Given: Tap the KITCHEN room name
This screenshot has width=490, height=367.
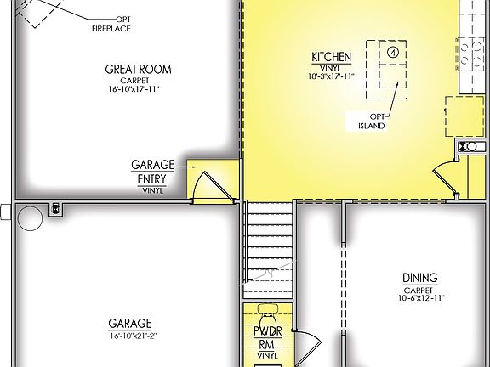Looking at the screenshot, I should tap(331, 57).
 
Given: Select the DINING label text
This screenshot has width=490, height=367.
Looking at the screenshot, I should tap(419, 278).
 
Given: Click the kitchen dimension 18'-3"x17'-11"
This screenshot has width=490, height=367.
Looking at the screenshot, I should tap(331, 76).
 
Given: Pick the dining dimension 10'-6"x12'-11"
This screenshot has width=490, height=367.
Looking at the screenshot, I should tap(419, 297).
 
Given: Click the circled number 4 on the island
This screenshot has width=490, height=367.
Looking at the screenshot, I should tap(393, 51).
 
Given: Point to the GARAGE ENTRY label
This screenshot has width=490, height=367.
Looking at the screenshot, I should tap(152, 171).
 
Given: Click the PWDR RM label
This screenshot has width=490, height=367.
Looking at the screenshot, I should tap(268, 339).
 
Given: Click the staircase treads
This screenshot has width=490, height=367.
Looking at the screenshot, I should tap(269, 242).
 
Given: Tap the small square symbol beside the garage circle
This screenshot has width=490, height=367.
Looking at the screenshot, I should tap(57, 207).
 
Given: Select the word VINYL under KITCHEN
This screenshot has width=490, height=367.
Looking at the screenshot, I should tap(331, 67).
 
